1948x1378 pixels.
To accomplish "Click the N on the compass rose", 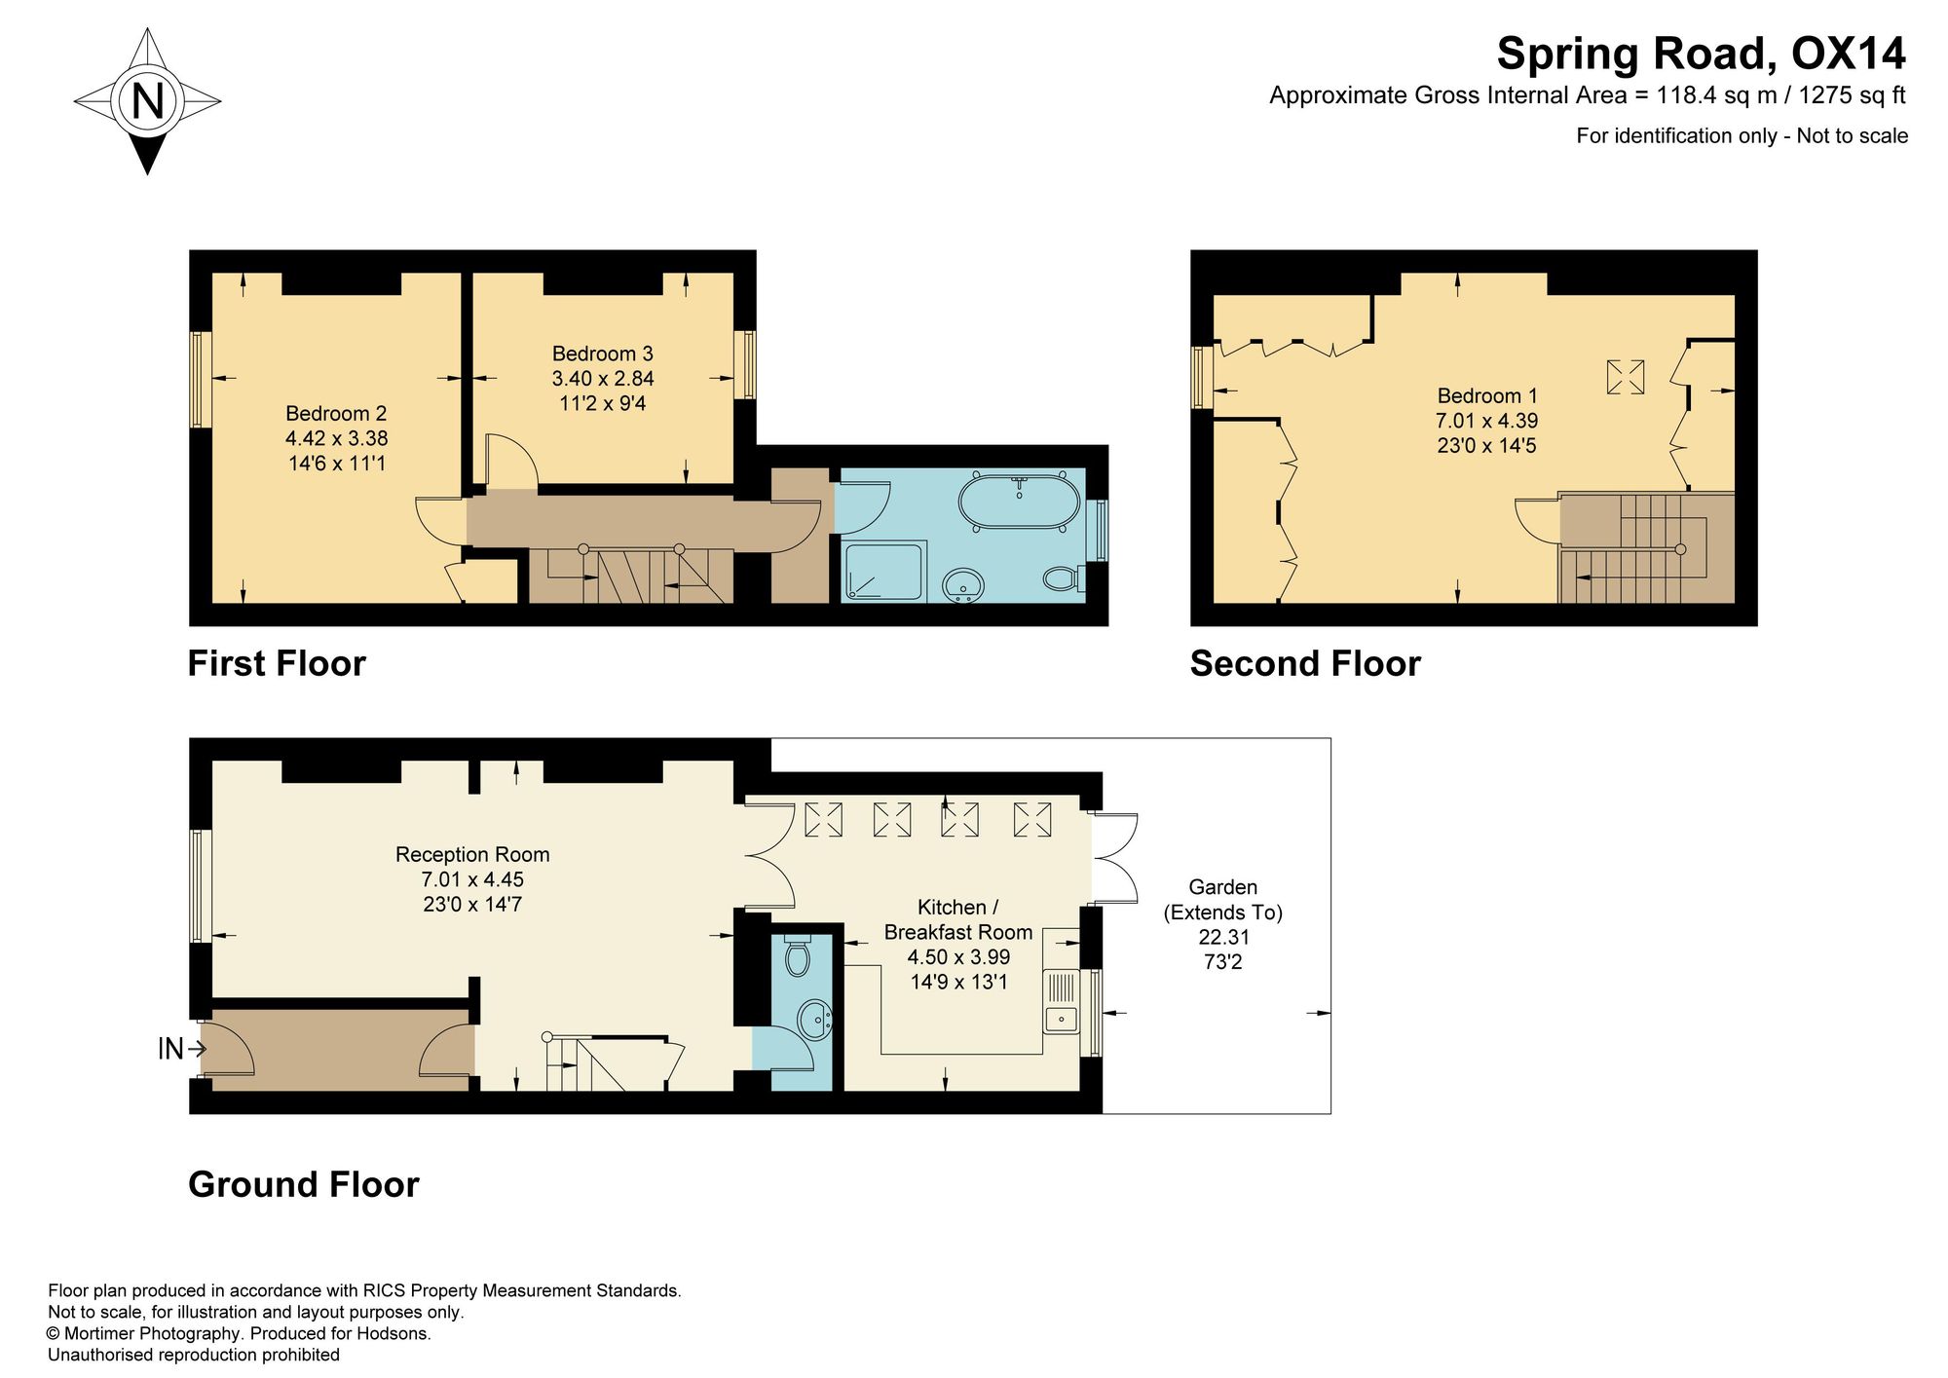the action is point(147,100).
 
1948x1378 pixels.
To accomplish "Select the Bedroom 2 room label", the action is point(336,414).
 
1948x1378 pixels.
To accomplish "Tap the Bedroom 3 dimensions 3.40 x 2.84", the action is point(603,379).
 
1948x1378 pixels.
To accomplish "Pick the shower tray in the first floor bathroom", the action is point(882,571).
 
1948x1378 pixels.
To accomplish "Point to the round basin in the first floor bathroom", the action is point(965,585).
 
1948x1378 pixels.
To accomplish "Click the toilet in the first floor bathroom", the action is point(1064,578).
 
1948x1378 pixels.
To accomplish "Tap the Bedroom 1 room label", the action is point(1487,396).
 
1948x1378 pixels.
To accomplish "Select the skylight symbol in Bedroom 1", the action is point(1625,377).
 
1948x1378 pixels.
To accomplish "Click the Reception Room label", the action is point(472,855).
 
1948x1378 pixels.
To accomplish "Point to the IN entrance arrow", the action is point(182,1049).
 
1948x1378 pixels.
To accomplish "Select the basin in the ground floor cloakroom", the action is point(814,1020).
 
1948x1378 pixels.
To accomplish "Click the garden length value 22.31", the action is point(1223,938).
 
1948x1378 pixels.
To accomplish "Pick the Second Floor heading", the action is point(1305,664).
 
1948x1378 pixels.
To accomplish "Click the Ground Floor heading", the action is point(304,1185).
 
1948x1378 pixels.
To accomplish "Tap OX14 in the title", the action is point(1848,54).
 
